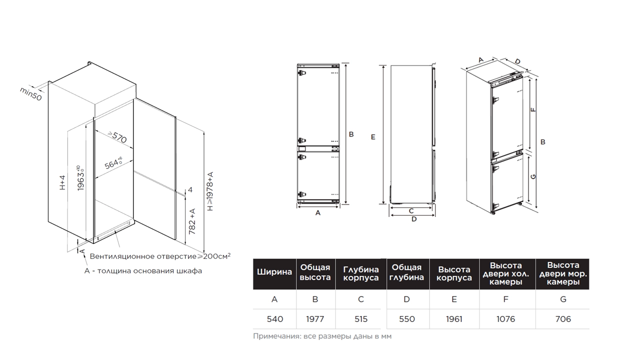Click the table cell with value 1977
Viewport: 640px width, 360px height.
pyautogui.click(x=315, y=319)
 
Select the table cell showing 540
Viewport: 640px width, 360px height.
pyautogui.click(x=275, y=319)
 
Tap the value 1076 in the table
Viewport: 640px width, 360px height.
pyautogui.click(x=505, y=319)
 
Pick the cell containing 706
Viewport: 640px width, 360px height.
pyautogui.click(x=563, y=319)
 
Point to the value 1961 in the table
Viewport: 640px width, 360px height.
pyautogui.click(x=454, y=319)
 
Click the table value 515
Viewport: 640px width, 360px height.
pyautogui.click(x=361, y=319)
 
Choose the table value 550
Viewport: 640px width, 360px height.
pyautogui.click(x=407, y=319)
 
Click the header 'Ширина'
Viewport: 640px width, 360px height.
pyautogui.click(x=274, y=271)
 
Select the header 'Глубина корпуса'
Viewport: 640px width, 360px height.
pyautogui.click(x=361, y=273)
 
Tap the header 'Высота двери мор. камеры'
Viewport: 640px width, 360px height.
pyautogui.click(x=563, y=273)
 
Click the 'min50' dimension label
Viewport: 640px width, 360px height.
pyautogui.click(x=31, y=93)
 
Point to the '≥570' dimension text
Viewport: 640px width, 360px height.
pyautogui.click(x=117, y=137)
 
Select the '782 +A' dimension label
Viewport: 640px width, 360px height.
pyautogui.click(x=192, y=221)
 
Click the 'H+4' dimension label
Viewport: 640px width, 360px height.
pyautogui.click(x=62, y=182)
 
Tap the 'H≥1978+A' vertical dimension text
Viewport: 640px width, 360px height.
pyautogui.click(x=210, y=191)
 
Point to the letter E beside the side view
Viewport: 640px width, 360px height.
pyautogui.click(x=373, y=137)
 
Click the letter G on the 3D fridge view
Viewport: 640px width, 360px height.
pyautogui.click(x=533, y=176)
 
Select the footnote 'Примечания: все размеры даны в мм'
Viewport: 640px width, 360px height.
pyautogui.click(x=322, y=336)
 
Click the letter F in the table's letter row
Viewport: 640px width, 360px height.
pyautogui.click(x=505, y=299)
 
